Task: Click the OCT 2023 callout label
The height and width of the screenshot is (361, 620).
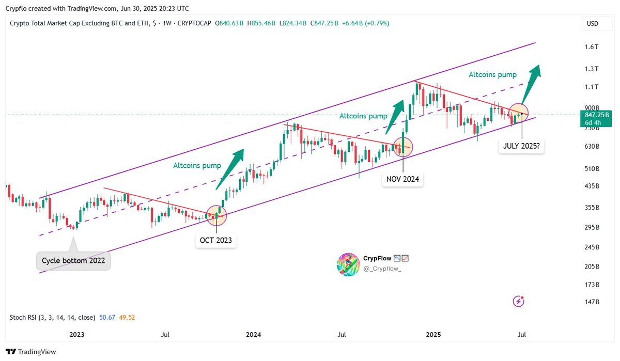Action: (216, 240)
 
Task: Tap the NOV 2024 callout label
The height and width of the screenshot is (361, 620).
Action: (402, 179)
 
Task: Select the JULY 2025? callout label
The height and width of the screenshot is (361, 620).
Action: (522, 146)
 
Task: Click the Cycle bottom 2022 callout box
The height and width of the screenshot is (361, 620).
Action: (73, 260)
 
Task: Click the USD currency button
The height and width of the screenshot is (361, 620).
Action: (592, 24)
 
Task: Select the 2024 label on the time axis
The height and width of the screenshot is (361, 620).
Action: (253, 335)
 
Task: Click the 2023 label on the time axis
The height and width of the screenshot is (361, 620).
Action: (76, 335)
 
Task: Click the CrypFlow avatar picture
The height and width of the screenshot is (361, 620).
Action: (348, 264)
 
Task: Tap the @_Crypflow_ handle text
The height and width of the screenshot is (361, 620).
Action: (382, 269)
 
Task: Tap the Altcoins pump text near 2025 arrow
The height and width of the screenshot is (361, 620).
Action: (492, 75)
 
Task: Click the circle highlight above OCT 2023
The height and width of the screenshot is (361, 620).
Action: (216, 215)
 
